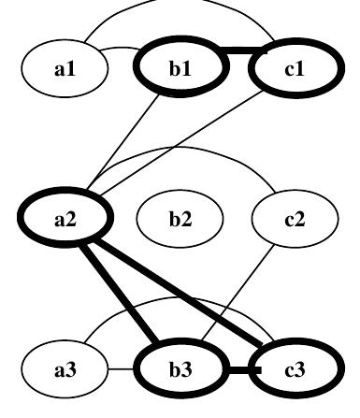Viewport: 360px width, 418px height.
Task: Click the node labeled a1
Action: [x=65, y=68]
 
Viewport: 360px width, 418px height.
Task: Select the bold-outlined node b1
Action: [x=180, y=68]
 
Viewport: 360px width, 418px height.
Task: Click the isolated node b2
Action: [x=180, y=219]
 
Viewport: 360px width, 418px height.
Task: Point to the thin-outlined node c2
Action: [x=295, y=219]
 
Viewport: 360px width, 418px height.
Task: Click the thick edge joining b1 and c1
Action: [x=238, y=52]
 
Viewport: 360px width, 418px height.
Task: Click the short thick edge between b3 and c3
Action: [x=238, y=371]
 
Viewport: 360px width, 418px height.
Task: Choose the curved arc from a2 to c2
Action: [x=178, y=147]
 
